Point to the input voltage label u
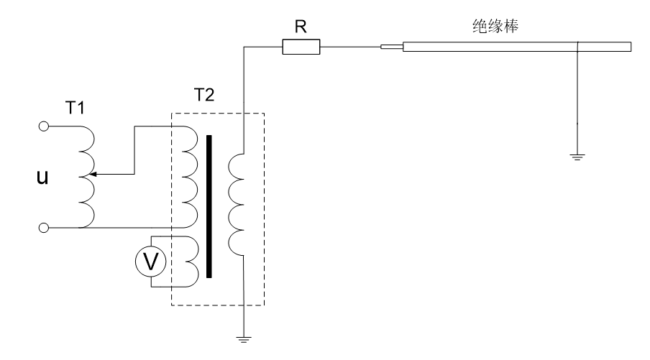point(42,176)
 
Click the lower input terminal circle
point(44,228)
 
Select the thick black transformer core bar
point(209,206)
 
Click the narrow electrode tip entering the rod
point(391,48)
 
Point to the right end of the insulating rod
point(630,47)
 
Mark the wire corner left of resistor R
point(244,48)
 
